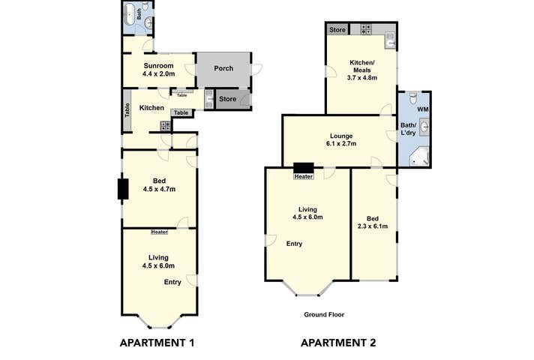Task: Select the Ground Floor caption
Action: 324,315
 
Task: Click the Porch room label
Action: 223,68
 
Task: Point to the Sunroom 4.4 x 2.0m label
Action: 159,70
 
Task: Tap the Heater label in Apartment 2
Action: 304,177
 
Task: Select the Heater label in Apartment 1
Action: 159,232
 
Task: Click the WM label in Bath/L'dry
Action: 422,109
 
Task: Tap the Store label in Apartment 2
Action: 336,31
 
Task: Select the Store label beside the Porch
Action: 227,99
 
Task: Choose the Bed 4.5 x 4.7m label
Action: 159,184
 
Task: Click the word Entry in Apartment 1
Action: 173,282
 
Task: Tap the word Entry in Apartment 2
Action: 295,244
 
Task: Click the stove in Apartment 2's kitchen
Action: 366,30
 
